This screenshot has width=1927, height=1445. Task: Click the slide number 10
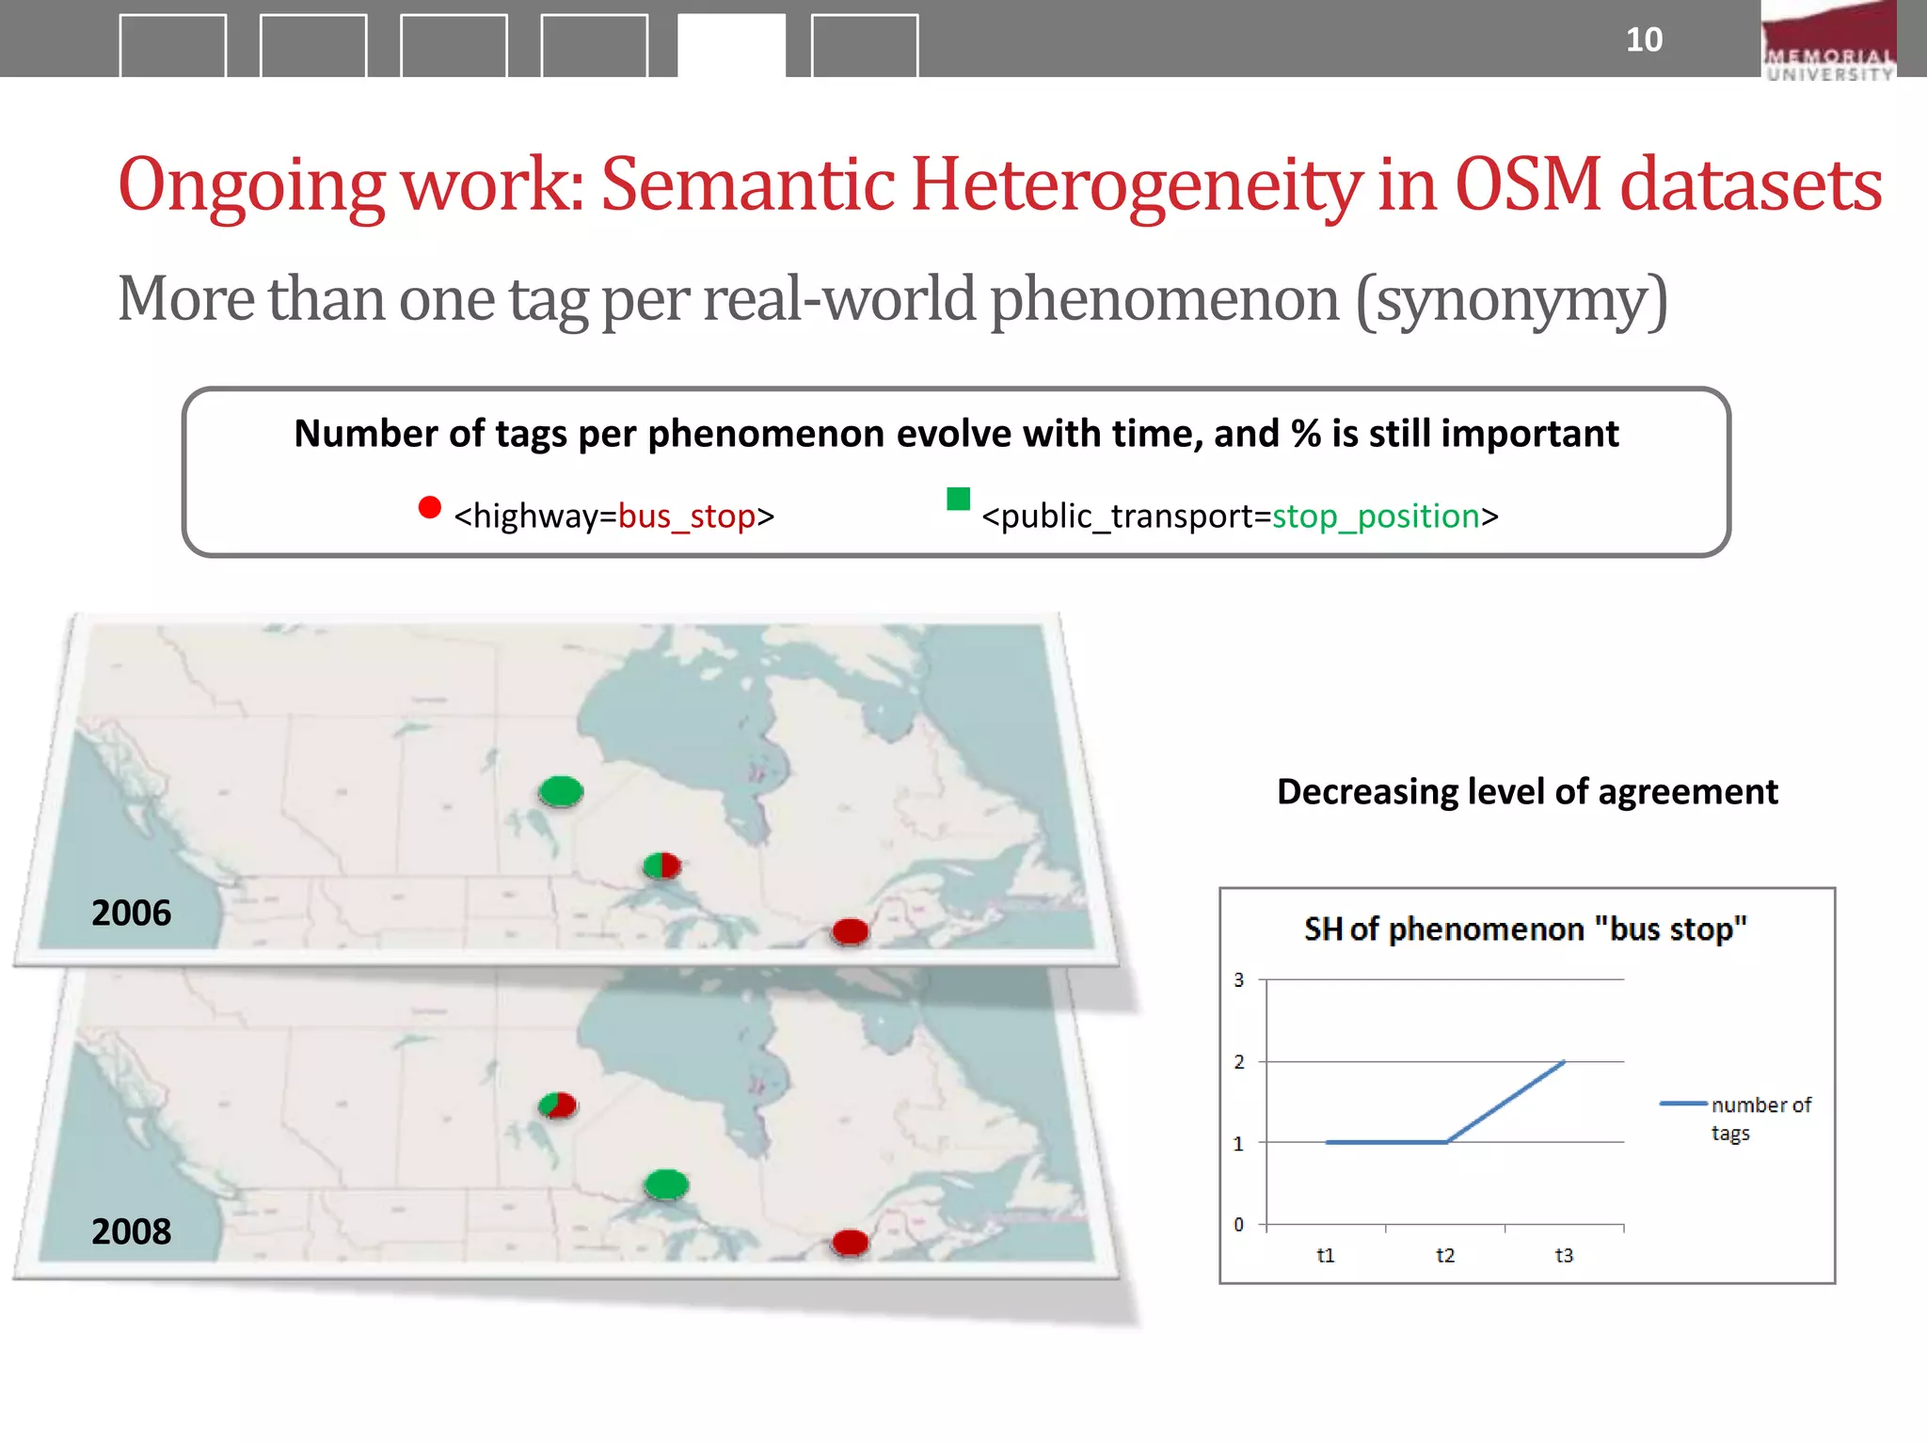coord(1644,40)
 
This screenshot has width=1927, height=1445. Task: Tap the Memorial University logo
coord(1828,42)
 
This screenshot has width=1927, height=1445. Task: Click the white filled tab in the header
coord(731,45)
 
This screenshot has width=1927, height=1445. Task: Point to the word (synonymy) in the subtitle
coord(1511,300)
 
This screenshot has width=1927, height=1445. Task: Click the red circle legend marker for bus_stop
coord(429,508)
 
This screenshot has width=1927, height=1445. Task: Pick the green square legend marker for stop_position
coord(958,499)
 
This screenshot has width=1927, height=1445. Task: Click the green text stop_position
coord(1376,516)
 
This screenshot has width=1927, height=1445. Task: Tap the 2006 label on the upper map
coord(131,913)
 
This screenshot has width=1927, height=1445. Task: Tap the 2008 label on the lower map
coord(131,1231)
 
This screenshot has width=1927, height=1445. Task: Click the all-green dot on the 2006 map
coord(561,791)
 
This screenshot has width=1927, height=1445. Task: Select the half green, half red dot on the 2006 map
coord(662,865)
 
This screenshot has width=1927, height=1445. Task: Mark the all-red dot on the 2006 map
coord(850,931)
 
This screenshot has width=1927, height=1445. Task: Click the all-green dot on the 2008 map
coord(666,1183)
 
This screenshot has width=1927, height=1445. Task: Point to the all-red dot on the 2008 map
coord(850,1243)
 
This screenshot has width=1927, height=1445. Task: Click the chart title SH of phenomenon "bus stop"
coord(1525,929)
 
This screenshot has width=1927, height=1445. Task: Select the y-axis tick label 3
coord(1238,980)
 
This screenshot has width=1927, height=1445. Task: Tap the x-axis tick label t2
coord(1445,1255)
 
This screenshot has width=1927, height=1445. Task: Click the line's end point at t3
coord(1564,1062)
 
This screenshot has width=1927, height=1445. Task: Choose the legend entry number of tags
coord(1760,1118)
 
